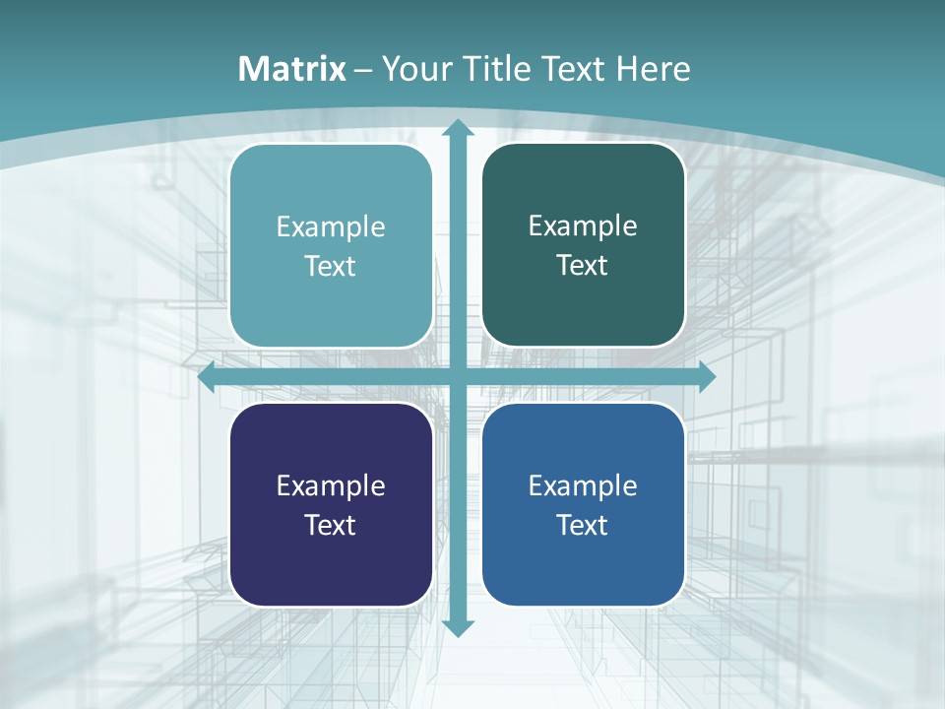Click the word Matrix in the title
pos(292,69)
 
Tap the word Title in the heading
pos(498,69)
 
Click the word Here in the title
pos(653,69)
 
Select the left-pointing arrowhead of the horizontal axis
pos(207,377)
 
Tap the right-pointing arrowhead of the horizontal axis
pos(706,377)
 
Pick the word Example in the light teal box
pos(331,227)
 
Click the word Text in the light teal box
pos(331,267)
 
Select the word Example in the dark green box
pos(583,226)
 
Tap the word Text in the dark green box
pos(583,266)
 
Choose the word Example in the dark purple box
pos(331,486)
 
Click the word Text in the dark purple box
pos(331,526)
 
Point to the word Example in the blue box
pos(583,486)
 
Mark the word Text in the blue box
pos(583,526)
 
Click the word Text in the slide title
pos(575,69)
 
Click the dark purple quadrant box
pos(331,571)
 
